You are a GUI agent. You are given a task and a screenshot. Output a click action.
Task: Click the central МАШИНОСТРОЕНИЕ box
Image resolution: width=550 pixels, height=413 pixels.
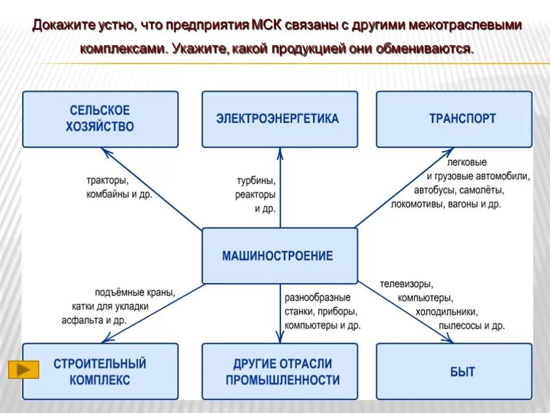(279, 255)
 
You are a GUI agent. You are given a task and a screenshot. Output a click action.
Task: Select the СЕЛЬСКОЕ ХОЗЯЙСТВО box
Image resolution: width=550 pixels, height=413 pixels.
(100, 119)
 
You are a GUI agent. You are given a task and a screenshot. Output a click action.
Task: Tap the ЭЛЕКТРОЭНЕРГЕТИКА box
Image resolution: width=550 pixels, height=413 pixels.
(279, 119)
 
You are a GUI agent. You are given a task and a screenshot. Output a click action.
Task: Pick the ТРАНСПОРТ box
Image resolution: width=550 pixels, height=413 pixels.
(454, 119)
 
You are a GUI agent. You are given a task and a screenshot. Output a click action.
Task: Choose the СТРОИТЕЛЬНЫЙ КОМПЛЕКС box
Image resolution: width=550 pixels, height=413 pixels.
(100, 372)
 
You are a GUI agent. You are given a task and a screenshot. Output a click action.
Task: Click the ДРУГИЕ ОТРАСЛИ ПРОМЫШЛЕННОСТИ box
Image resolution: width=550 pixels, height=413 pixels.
(279, 372)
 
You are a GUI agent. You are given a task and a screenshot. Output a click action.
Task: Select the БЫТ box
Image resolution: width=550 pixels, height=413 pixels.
(454, 372)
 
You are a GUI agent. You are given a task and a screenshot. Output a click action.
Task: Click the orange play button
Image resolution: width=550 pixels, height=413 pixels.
(24, 369)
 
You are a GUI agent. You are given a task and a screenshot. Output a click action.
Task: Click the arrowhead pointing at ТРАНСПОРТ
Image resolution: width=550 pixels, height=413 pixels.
(452, 152)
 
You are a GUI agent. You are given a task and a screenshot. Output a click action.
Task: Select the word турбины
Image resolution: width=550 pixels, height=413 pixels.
(256, 180)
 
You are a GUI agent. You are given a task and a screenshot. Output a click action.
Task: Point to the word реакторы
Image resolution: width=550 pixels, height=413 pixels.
(255, 194)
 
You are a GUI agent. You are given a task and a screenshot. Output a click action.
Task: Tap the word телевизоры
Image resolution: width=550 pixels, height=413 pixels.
(406, 283)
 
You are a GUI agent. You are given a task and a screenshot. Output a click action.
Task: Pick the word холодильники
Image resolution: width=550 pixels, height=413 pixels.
(446, 311)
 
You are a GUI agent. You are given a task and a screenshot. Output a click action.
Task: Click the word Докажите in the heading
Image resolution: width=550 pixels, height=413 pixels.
(64, 26)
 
